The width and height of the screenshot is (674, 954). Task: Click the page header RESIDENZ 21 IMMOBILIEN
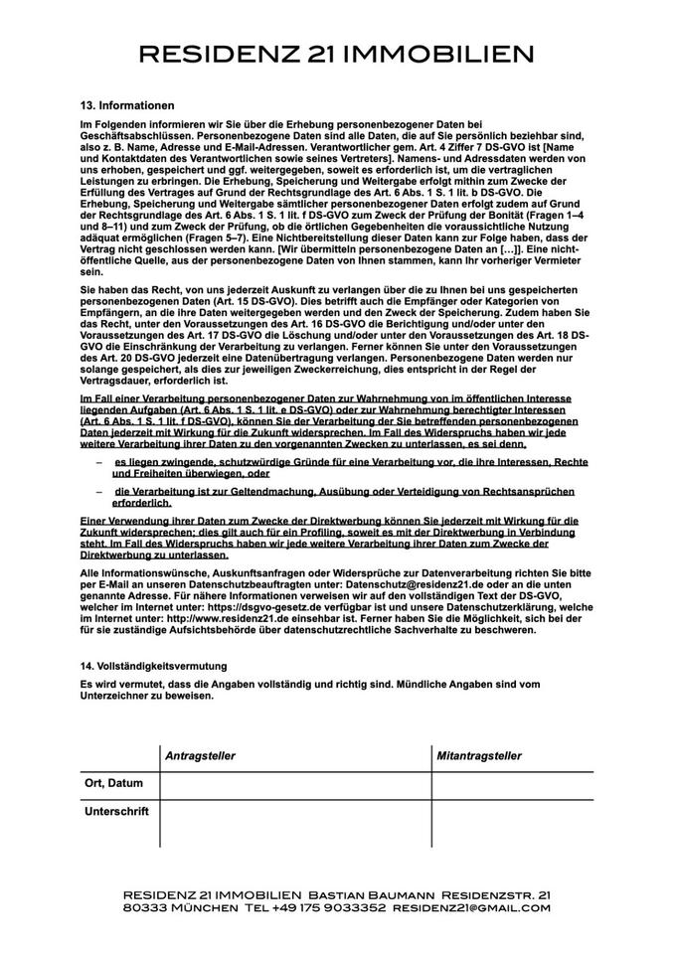coord(336,54)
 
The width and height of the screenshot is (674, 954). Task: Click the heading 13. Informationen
coord(127,105)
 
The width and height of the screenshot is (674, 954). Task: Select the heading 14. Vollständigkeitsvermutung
coord(153,665)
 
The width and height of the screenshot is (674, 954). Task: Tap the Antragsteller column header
coord(200,756)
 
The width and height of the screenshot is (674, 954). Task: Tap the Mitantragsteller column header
coord(479,756)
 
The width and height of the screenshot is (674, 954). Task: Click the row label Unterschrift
coord(116,811)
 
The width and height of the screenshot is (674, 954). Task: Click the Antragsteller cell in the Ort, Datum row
coord(295,785)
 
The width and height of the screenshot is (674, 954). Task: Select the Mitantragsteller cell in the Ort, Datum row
coord(512,785)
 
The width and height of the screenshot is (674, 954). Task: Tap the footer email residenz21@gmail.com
coord(471,907)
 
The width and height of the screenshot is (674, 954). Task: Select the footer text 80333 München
coord(167,907)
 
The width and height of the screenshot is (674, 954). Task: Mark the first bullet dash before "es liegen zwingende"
coord(99,463)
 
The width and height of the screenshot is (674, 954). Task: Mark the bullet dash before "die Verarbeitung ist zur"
coord(99,492)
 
